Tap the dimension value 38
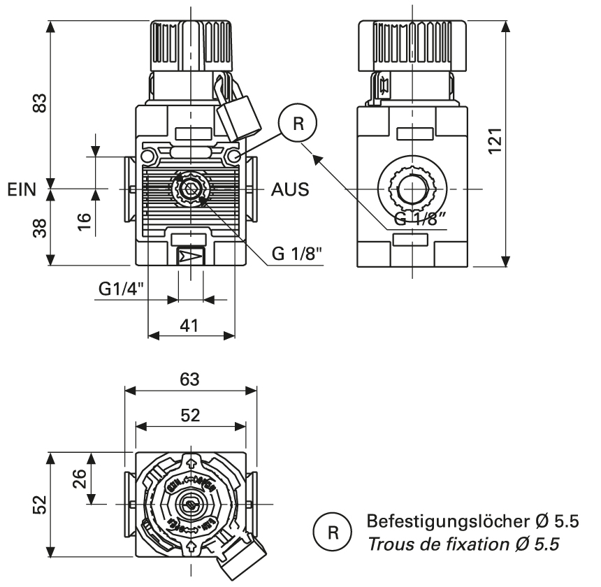pos(41,228)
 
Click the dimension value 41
pos(189,325)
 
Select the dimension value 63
pos(190,379)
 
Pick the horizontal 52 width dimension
pos(190,415)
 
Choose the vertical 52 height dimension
pos(41,503)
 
